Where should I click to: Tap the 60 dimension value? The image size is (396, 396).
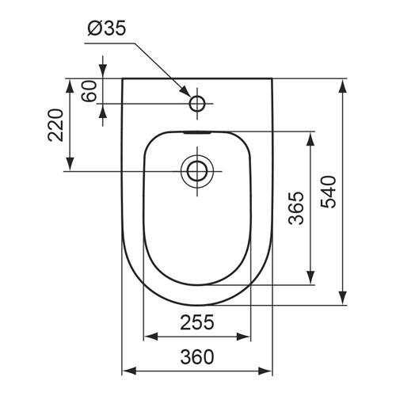pos(89,91)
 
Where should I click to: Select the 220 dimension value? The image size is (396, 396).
pos(56,125)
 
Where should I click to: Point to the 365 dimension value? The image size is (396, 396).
pos(296,208)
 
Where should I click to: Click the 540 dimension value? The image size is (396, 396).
pos(329,192)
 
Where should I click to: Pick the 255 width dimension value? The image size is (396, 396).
pos(197,322)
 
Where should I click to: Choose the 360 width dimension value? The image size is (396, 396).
pos(197,356)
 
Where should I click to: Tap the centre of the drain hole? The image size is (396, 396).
pos(197,171)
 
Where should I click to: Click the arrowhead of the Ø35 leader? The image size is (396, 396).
pos(185,91)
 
